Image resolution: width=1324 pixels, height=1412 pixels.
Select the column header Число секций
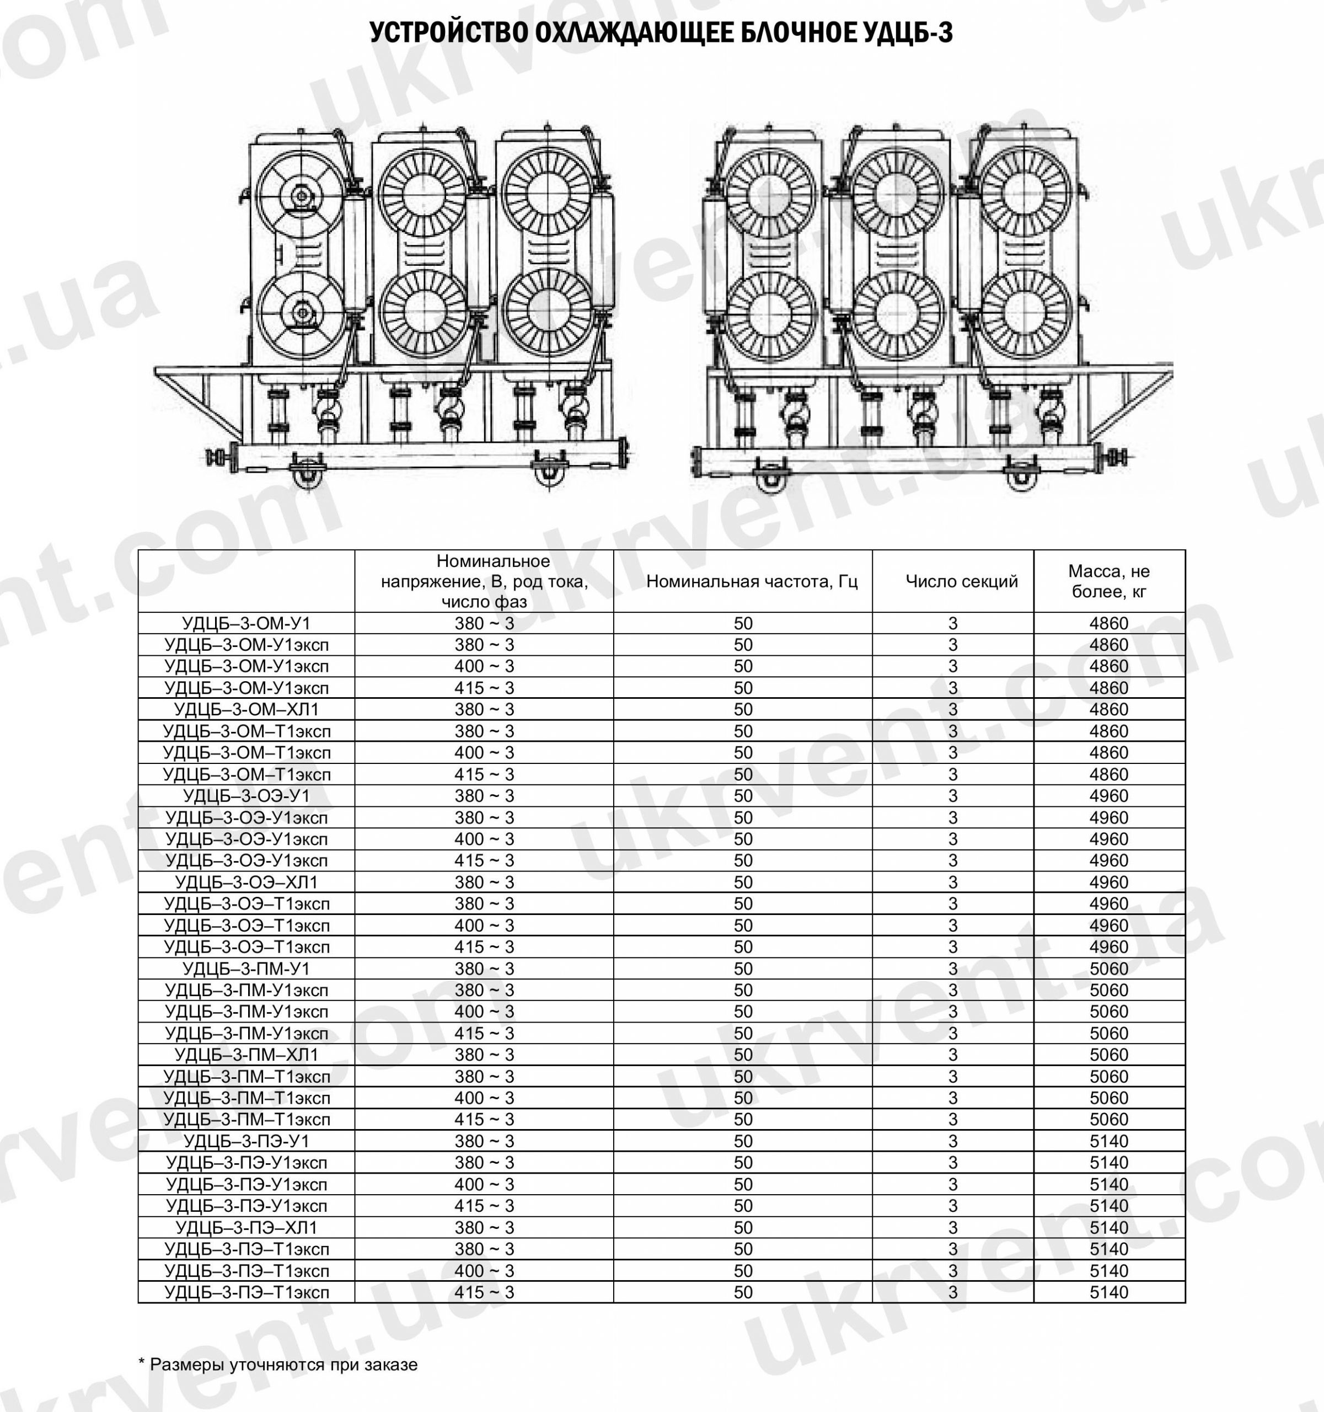[x=962, y=582]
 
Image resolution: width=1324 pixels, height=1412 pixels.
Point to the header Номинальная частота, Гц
[x=752, y=582]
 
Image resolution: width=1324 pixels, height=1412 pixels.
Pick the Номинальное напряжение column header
[x=484, y=582]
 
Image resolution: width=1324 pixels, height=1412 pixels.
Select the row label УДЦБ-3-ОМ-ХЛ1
[x=246, y=709]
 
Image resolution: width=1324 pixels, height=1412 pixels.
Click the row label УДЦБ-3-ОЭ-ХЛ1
[x=246, y=882]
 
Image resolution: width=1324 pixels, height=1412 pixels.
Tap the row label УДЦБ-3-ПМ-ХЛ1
[x=246, y=1055]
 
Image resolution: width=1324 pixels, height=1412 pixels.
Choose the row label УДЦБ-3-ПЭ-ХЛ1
[x=246, y=1227]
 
